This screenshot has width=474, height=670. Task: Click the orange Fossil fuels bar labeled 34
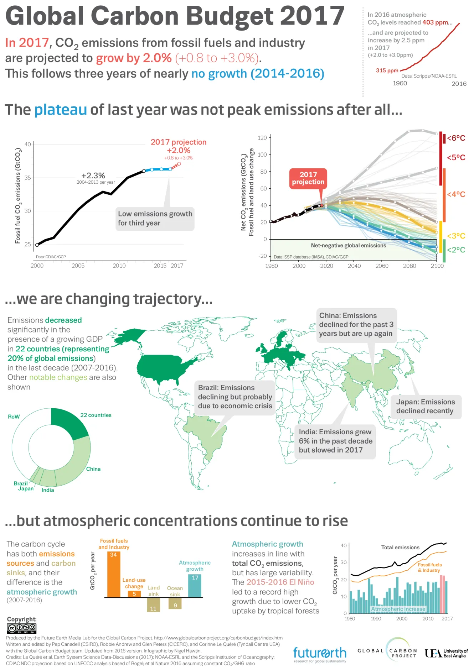[114, 574]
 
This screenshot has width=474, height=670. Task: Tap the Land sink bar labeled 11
[153, 604]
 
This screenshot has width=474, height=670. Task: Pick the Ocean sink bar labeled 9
[175, 603]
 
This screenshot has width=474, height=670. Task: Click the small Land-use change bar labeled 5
[134, 594]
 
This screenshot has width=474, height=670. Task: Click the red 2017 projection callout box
[308, 178]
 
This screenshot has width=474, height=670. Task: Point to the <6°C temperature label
[456, 138]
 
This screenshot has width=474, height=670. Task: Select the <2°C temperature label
[456, 250]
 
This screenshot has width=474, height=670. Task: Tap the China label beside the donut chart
[93, 469]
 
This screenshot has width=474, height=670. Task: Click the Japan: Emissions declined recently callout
[426, 407]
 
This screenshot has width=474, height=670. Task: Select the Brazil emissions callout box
[235, 397]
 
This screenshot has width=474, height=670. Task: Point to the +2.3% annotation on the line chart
[93, 176]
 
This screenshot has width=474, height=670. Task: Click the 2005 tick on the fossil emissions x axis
[78, 266]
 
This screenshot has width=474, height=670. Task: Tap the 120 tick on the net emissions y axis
[262, 138]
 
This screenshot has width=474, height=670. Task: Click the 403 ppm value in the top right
[433, 22]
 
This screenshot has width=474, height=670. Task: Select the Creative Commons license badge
[22, 628]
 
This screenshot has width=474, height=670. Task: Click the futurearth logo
[320, 653]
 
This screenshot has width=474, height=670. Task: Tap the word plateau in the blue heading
[61, 110]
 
